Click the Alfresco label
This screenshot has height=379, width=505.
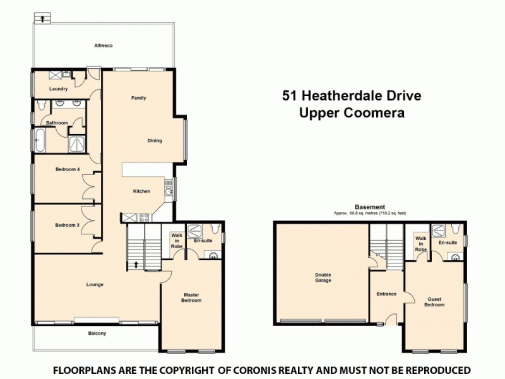tap(103, 46)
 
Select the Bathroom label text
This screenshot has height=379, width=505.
tap(56, 123)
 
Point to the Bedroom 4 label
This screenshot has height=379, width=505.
tap(67, 169)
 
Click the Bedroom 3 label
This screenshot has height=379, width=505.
tap(67, 226)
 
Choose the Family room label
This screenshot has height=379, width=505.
tap(139, 99)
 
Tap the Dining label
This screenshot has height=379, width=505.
tap(155, 141)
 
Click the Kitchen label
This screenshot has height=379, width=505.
tap(141, 191)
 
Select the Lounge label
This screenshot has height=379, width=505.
tap(95, 285)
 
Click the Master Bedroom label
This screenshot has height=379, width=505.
tap(192, 298)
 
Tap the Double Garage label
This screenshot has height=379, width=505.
tap(323, 277)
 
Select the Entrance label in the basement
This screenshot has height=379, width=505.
tap(386, 294)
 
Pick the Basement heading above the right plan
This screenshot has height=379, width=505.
tap(370, 207)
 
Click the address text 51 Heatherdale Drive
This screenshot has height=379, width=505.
tap(351, 96)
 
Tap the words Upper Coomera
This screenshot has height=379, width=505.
tap(351, 113)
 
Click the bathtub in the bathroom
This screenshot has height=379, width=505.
tap(40, 140)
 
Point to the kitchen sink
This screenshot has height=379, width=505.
tap(169, 186)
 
